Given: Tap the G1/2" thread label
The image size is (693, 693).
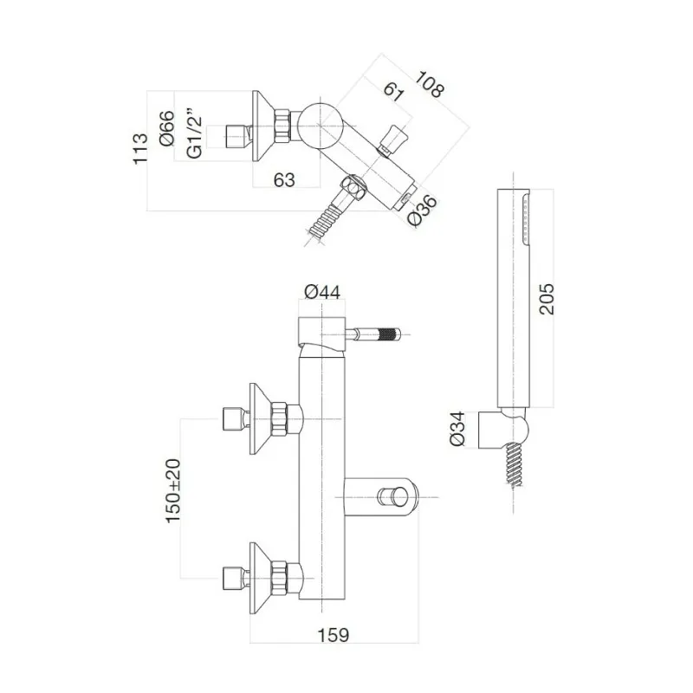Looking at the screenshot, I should click(195, 135).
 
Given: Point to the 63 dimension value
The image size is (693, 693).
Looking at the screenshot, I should click(282, 179).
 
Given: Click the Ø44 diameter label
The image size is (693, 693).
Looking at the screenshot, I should click(323, 293).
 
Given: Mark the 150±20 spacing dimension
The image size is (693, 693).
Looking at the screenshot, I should click(173, 490).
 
